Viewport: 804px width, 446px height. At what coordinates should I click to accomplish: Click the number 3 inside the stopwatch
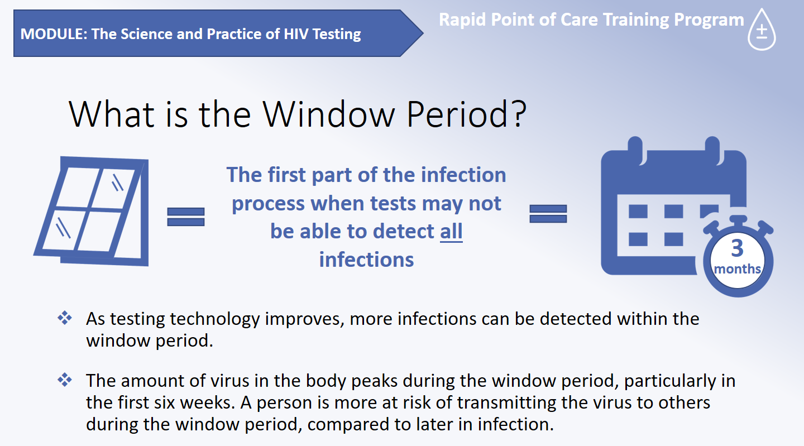[737, 248]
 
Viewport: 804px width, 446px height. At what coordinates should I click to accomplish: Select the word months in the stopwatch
[738, 269]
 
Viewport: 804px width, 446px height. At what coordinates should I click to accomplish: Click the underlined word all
[451, 231]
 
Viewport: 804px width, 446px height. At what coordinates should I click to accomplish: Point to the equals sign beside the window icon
[186, 217]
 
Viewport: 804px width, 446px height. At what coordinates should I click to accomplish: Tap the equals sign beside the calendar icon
[548, 214]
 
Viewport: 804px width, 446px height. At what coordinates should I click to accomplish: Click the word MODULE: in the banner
[54, 34]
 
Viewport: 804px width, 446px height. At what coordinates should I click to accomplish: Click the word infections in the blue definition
[366, 260]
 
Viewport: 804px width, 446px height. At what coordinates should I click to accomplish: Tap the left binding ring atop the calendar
[636, 150]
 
